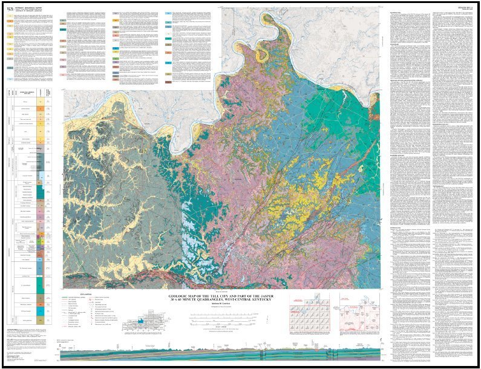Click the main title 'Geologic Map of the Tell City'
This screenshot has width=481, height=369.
tap(221, 296)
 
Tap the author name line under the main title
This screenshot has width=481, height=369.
tap(221, 305)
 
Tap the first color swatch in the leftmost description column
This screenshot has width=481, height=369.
tap(10, 21)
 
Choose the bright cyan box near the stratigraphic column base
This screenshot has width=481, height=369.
tap(41, 310)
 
